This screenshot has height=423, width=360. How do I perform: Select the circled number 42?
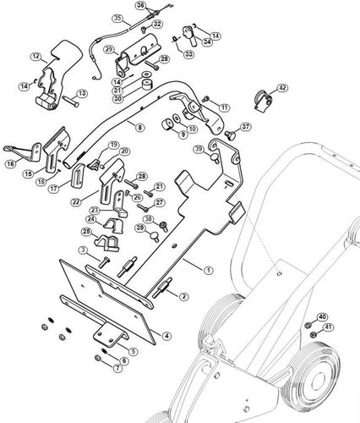point(281,87)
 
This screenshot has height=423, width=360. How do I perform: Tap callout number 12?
point(36,56)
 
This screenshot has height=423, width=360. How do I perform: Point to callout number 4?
point(167,336)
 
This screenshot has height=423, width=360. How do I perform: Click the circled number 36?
point(142,6)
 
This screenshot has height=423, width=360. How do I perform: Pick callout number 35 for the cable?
point(117,18)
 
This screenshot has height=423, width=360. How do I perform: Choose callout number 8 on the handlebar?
point(140,127)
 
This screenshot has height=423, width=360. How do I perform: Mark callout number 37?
point(246,127)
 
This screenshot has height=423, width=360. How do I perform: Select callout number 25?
point(86,231)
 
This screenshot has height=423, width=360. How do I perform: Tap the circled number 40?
point(321,316)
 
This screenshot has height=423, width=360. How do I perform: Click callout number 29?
point(109,50)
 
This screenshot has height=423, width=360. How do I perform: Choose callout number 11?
point(226,107)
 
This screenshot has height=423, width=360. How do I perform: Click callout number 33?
point(188,53)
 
